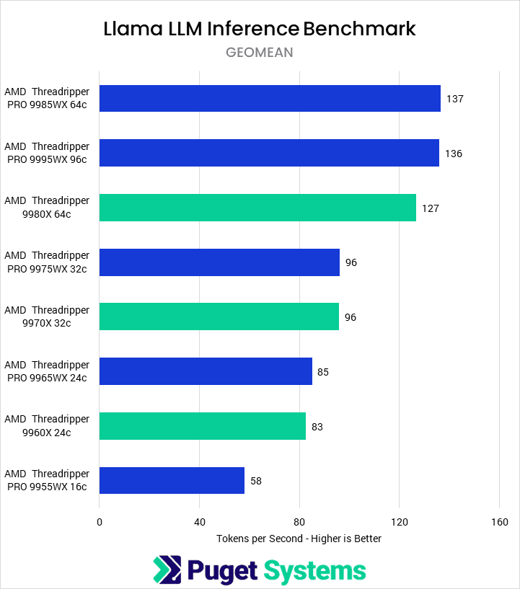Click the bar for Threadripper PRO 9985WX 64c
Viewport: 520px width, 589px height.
270,99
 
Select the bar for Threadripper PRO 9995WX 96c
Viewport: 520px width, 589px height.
269,153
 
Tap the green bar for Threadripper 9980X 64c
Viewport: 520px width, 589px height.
257,208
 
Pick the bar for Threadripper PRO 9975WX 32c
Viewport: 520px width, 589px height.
219,262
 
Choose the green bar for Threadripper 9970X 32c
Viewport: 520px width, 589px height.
219,316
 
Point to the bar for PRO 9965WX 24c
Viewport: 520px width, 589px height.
206,371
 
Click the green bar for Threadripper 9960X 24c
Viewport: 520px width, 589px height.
203,426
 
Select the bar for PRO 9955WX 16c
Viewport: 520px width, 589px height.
172,480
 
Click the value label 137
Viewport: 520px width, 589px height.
454,99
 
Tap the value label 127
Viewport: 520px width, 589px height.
431,208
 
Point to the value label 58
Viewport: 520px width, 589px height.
256,481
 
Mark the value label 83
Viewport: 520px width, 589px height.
317,427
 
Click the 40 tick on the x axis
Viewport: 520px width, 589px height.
200,522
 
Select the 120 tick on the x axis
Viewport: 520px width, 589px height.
400,522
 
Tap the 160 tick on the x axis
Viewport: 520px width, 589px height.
499,522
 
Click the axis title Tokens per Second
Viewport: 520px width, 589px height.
299,539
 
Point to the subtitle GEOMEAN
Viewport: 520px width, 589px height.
260,53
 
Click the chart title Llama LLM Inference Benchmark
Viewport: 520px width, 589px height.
260,29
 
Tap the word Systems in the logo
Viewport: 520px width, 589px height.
314,570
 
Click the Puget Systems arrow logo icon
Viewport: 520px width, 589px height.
167,570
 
